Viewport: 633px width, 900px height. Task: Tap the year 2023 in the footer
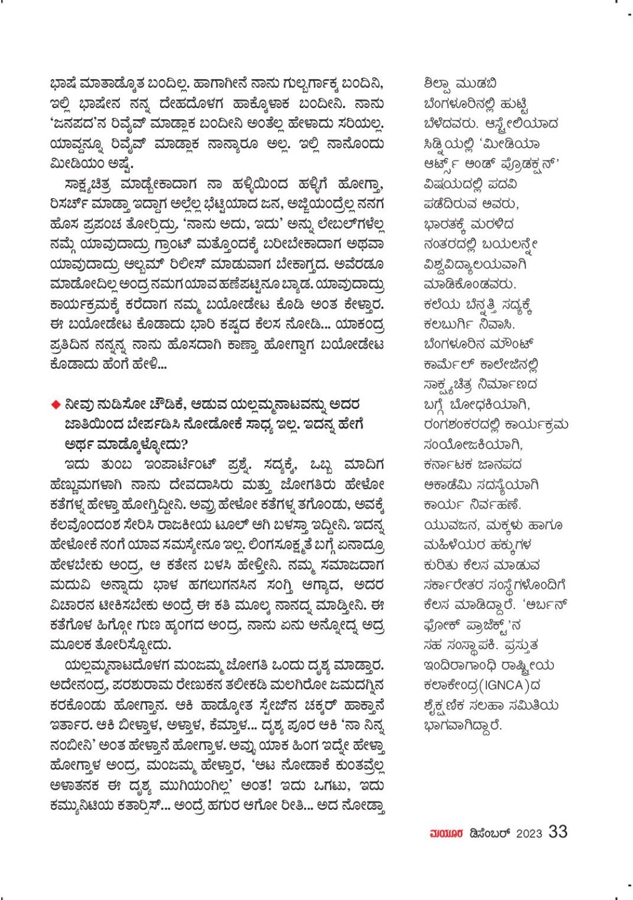point(529,833)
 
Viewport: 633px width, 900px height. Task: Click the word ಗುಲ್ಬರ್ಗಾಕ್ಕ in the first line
point(284,84)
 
